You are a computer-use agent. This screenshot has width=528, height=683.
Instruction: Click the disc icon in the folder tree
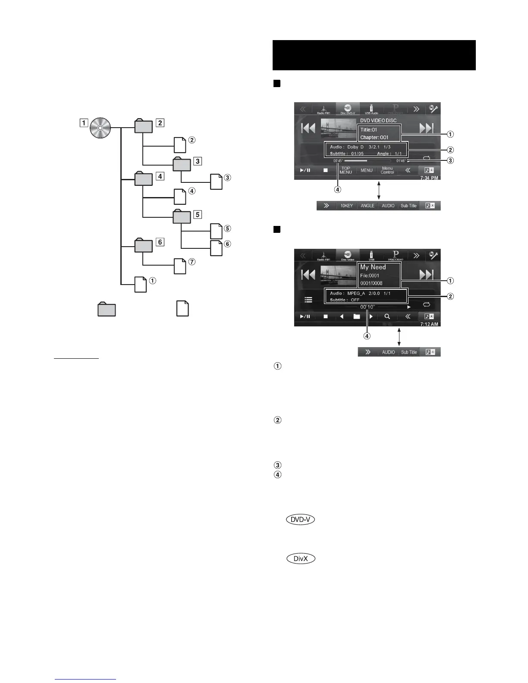101,128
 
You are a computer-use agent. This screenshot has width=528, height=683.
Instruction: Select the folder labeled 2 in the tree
143,126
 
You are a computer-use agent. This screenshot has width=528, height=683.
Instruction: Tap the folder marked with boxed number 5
181,216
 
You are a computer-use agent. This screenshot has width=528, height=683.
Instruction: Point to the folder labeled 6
143,246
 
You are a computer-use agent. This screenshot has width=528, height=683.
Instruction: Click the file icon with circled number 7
180,266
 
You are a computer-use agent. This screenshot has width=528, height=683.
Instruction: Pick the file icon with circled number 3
217,182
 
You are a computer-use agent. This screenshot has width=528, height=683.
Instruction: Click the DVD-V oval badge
300,520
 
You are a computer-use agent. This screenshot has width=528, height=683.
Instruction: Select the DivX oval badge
301,558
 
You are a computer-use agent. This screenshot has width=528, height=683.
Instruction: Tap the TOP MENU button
346,170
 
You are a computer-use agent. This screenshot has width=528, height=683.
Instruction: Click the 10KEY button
346,206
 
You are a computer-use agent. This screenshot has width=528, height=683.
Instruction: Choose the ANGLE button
368,206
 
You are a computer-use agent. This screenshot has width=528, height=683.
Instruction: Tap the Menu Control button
387,170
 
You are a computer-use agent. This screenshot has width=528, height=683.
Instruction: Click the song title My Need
373,267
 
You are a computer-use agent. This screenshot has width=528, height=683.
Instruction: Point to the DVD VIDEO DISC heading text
378,121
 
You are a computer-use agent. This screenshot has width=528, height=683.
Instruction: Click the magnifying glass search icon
387,316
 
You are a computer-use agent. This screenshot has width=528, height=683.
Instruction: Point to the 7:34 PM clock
429,178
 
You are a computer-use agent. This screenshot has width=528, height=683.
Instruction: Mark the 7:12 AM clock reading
429,324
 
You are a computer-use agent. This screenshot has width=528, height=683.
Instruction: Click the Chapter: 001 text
374,138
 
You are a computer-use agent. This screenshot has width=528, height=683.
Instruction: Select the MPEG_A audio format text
356,294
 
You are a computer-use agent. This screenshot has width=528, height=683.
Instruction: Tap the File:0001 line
370,276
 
